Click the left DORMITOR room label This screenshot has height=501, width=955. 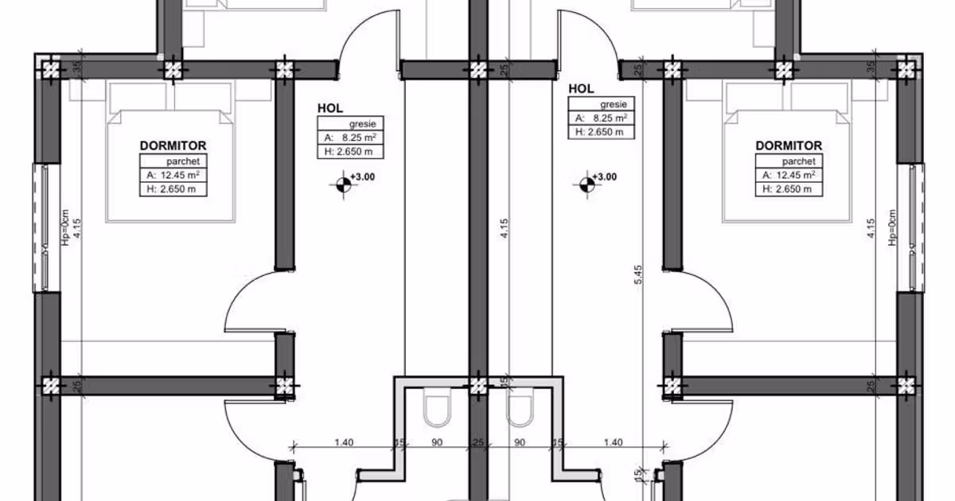(x=173, y=146)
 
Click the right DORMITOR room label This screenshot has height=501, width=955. (x=789, y=146)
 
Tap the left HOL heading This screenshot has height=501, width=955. (x=330, y=108)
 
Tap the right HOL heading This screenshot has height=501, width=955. (x=581, y=88)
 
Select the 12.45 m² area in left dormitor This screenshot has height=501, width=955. (x=180, y=175)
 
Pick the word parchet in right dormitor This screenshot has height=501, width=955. (x=798, y=161)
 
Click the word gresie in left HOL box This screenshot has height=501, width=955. (x=362, y=124)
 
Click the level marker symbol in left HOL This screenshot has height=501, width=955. (x=344, y=184)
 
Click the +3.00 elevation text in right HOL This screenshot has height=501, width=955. (x=605, y=177)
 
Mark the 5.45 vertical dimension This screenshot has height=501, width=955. (x=638, y=275)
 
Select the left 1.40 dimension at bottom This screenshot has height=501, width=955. (x=344, y=443)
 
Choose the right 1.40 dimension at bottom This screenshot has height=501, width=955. (x=613, y=443)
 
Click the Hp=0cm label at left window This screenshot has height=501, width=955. (x=65, y=227)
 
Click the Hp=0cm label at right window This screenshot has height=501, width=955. (x=892, y=227)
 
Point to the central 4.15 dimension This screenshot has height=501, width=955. (x=505, y=228)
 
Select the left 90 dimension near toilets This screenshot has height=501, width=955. (x=437, y=443)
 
